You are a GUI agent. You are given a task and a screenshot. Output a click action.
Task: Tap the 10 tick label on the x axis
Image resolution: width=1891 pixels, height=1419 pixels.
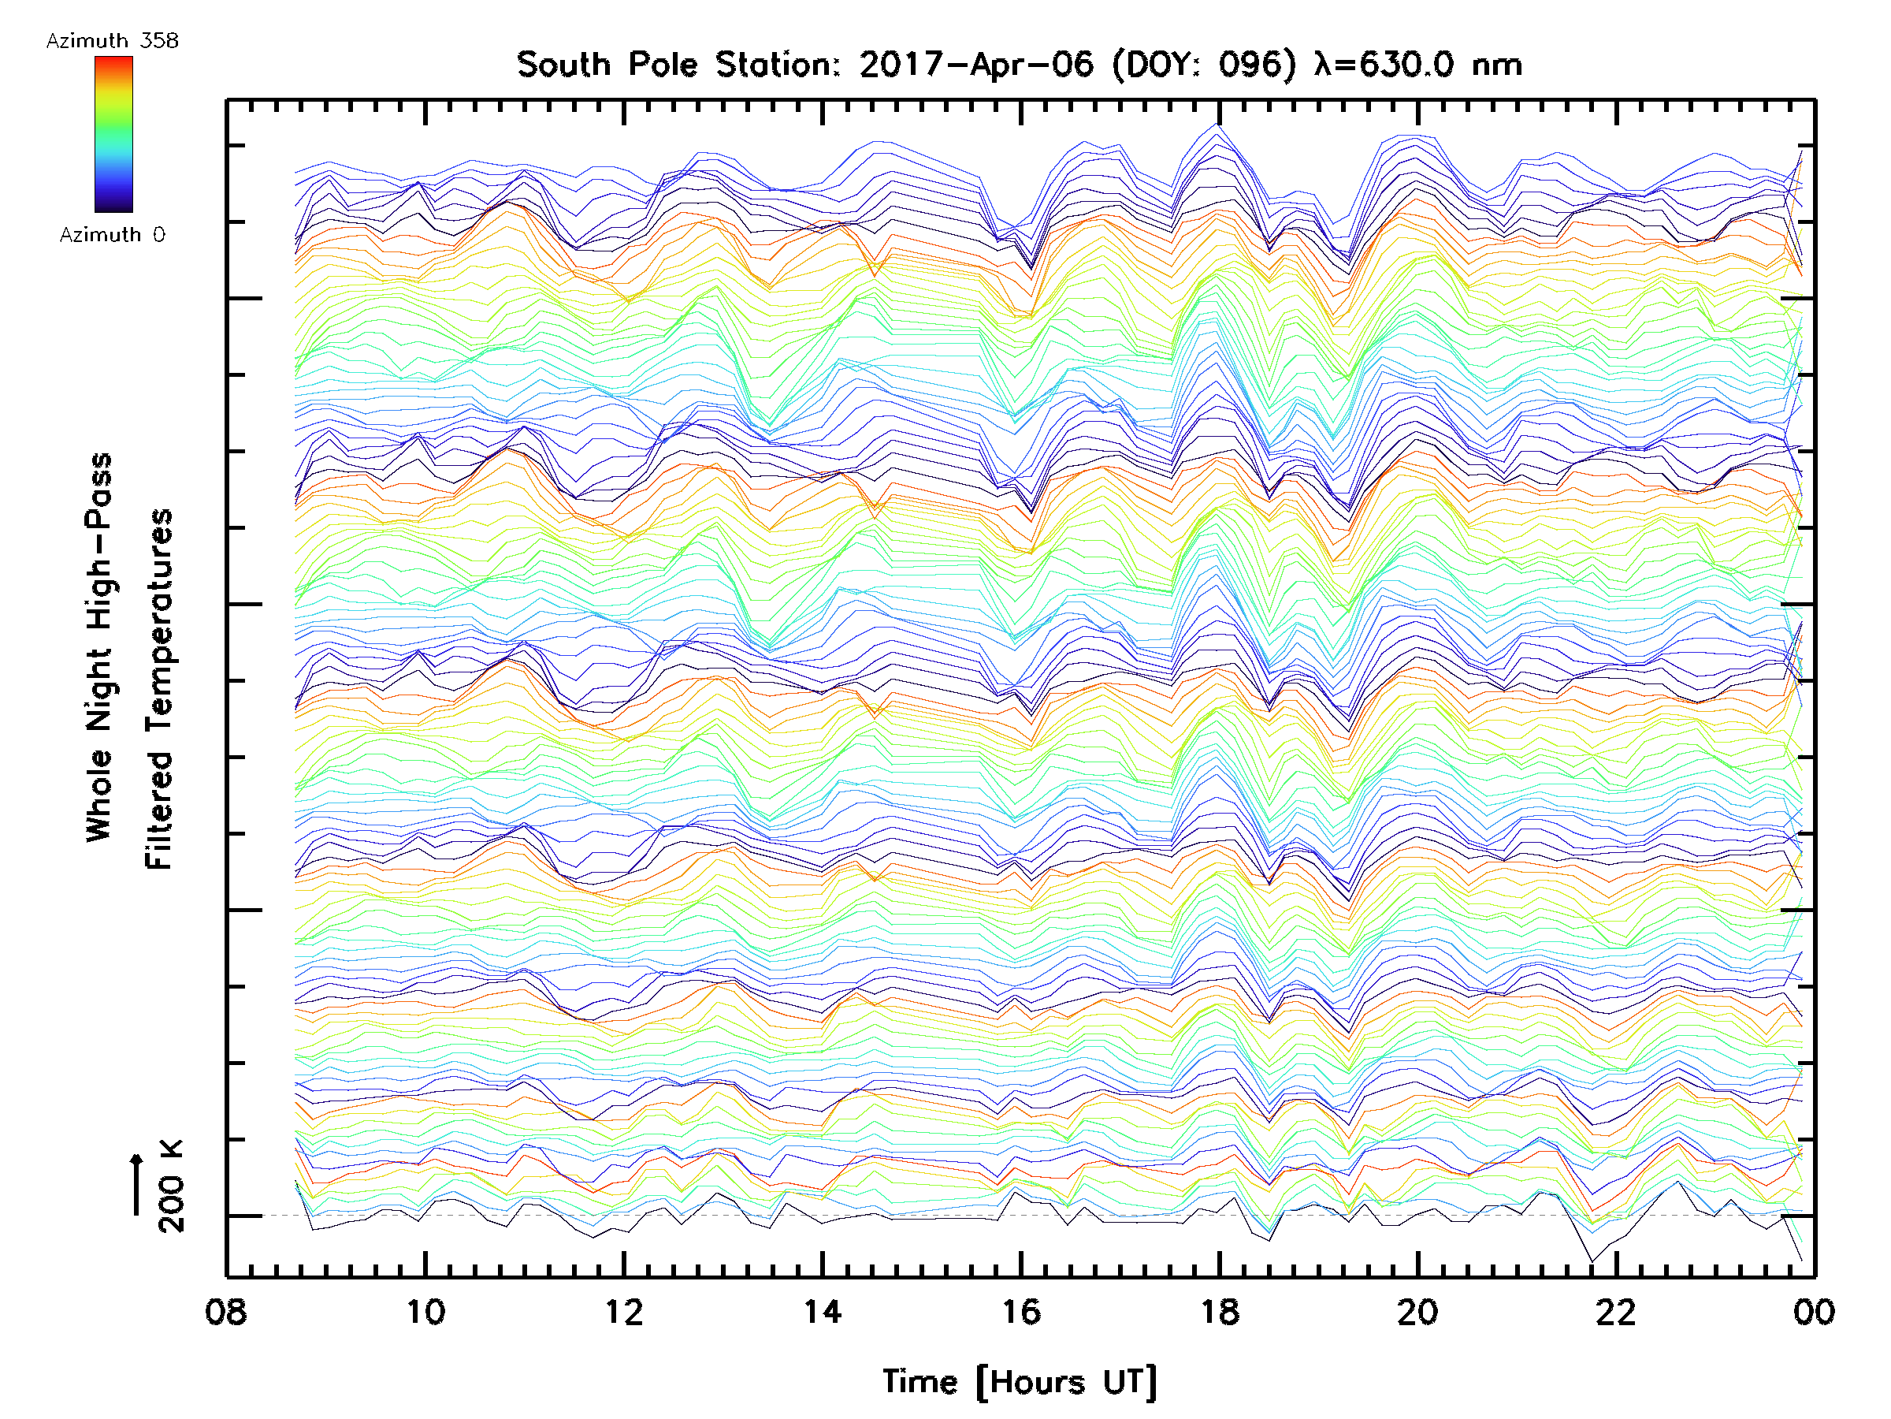click(x=425, y=1312)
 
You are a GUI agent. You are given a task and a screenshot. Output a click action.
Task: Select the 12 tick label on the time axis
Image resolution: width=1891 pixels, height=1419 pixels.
click(x=623, y=1312)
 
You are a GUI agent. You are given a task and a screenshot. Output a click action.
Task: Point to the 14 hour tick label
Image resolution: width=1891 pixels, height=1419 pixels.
click(x=823, y=1312)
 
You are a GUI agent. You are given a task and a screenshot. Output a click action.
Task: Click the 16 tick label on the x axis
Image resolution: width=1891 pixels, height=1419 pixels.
click(x=1020, y=1312)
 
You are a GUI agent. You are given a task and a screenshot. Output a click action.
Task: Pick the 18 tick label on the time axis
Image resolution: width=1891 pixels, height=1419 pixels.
click(x=1219, y=1312)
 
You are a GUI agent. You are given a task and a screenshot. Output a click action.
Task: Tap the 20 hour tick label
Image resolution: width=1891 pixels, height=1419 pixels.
click(x=1417, y=1312)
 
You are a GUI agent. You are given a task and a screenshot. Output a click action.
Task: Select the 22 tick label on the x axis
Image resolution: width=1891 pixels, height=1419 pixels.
click(x=1616, y=1312)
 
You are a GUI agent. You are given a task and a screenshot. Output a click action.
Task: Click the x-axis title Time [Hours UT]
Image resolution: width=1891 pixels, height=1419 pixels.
click(x=1020, y=1382)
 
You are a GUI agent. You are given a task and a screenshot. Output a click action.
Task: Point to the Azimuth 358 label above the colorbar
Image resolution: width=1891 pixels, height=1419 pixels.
click(x=112, y=41)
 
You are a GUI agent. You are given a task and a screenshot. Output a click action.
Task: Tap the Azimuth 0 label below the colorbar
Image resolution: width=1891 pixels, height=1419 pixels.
click(x=112, y=235)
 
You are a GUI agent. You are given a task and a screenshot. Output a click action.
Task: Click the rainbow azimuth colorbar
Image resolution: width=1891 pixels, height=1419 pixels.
click(x=113, y=134)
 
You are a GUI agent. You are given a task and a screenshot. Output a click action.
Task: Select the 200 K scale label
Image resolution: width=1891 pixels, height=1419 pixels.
click(x=171, y=1186)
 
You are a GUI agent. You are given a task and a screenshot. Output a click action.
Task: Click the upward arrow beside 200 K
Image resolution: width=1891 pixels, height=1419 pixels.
click(x=136, y=1185)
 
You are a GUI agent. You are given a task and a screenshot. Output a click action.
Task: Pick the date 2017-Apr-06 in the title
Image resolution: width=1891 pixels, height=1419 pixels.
click(x=976, y=65)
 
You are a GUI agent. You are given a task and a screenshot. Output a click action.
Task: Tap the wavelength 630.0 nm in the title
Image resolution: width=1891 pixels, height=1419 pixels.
click(x=1419, y=65)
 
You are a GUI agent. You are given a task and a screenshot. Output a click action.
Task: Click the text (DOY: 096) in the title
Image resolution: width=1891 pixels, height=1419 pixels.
click(x=1204, y=65)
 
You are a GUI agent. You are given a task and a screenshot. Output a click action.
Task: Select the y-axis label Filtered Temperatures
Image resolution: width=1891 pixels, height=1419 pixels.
click(x=159, y=690)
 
